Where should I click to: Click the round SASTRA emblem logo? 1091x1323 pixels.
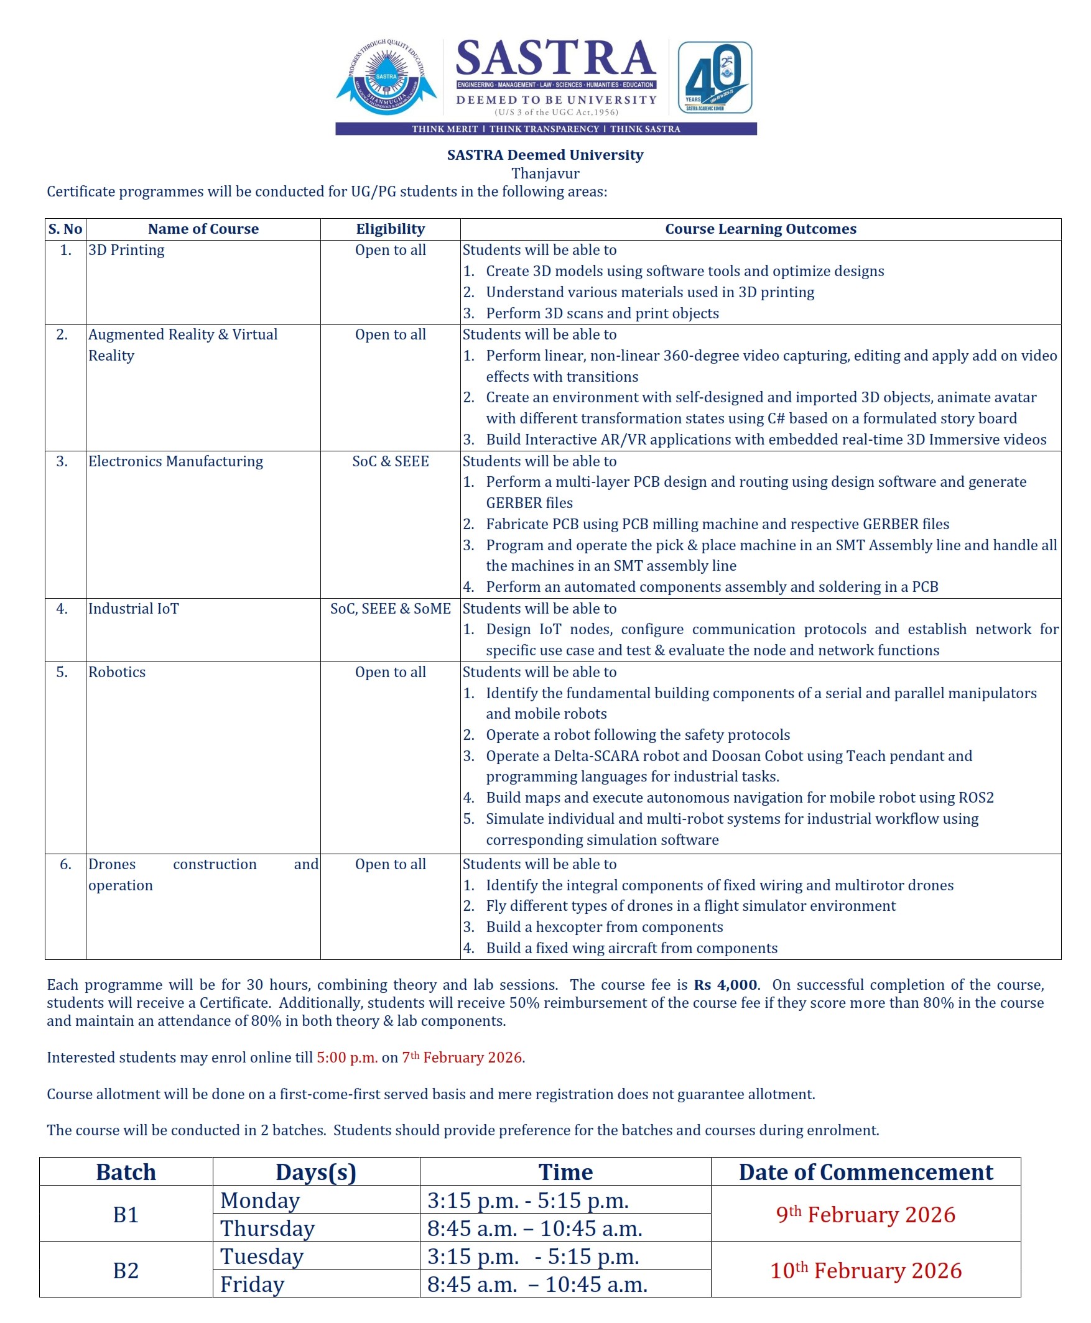tap(386, 77)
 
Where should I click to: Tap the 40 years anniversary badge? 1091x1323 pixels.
tap(715, 77)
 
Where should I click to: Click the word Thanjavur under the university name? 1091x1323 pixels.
tap(545, 173)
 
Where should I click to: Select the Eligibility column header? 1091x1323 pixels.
tap(390, 229)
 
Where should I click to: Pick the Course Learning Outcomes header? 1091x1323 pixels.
tap(761, 229)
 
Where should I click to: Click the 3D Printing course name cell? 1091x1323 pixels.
tap(126, 250)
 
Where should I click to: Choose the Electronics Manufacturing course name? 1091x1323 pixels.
tap(175, 461)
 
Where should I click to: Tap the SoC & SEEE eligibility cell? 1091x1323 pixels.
tap(390, 461)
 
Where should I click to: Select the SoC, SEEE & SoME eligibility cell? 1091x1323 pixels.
tap(390, 608)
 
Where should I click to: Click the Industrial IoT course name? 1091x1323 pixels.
tap(133, 608)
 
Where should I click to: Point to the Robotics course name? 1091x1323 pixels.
tap(117, 671)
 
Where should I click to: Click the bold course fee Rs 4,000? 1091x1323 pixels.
tap(726, 984)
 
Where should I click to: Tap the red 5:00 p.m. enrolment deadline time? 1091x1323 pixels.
tap(347, 1058)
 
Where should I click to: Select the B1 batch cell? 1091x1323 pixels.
tap(126, 1214)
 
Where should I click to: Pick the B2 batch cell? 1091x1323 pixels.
tap(126, 1270)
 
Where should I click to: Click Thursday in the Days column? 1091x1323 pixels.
tap(267, 1228)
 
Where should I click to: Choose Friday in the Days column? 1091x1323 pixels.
tap(252, 1284)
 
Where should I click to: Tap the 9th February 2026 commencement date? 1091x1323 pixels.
tap(865, 1214)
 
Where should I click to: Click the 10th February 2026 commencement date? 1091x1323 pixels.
tap(865, 1270)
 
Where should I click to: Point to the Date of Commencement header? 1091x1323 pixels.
tap(865, 1172)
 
